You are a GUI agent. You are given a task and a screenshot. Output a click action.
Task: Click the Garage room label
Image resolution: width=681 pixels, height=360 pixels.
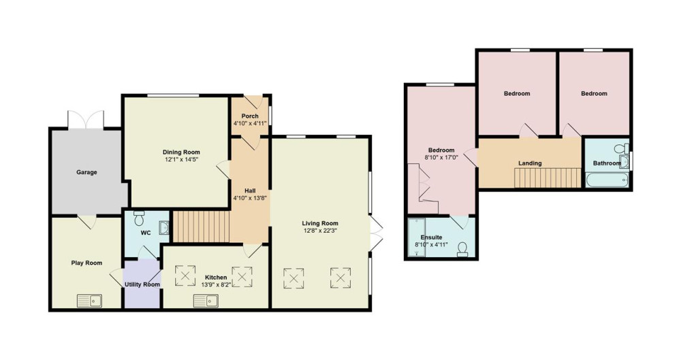click(x=86, y=172)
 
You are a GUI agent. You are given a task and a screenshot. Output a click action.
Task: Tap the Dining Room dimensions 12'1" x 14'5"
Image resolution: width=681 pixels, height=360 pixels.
click(x=182, y=159)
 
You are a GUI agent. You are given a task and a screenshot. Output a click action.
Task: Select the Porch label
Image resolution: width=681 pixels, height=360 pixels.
click(x=250, y=116)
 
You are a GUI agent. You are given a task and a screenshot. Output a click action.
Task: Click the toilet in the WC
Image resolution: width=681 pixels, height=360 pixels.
click(x=139, y=218)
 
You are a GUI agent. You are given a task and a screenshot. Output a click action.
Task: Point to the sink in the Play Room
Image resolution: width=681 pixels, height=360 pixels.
click(x=89, y=301)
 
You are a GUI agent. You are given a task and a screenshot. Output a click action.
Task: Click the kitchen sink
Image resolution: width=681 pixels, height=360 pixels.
click(x=206, y=301)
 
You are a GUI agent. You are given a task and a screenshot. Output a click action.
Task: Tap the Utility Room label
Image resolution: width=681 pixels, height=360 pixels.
click(x=142, y=284)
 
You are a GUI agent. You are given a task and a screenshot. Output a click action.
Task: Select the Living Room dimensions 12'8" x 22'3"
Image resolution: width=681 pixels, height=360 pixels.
click(x=320, y=231)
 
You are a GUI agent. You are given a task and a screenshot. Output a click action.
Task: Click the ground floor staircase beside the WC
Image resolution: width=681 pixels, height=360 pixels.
click(x=201, y=226)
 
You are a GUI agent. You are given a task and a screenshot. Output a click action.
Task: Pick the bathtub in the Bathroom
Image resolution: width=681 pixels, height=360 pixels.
click(x=607, y=180)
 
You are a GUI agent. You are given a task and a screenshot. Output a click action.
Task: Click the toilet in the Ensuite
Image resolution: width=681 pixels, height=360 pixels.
click(x=462, y=249)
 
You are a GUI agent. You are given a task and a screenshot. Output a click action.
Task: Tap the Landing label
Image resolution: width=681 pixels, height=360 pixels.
click(x=530, y=163)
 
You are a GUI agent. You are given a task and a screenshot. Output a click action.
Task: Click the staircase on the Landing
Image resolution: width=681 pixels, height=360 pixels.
click(x=548, y=178)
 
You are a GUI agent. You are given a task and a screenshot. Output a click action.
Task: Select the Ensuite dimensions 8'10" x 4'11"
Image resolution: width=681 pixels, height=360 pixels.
click(x=431, y=244)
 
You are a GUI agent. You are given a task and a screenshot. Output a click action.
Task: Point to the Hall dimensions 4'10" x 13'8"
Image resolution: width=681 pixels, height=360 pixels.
click(x=250, y=197)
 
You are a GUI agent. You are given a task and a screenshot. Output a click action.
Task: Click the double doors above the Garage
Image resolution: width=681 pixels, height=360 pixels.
click(x=86, y=120)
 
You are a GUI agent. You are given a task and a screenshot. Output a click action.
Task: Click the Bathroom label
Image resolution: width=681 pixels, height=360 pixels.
click(x=607, y=163)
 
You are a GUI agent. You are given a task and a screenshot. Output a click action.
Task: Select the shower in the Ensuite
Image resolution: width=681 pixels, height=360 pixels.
click(x=417, y=238)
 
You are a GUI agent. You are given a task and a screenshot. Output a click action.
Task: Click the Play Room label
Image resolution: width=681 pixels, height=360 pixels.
click(x=87, y=263)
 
